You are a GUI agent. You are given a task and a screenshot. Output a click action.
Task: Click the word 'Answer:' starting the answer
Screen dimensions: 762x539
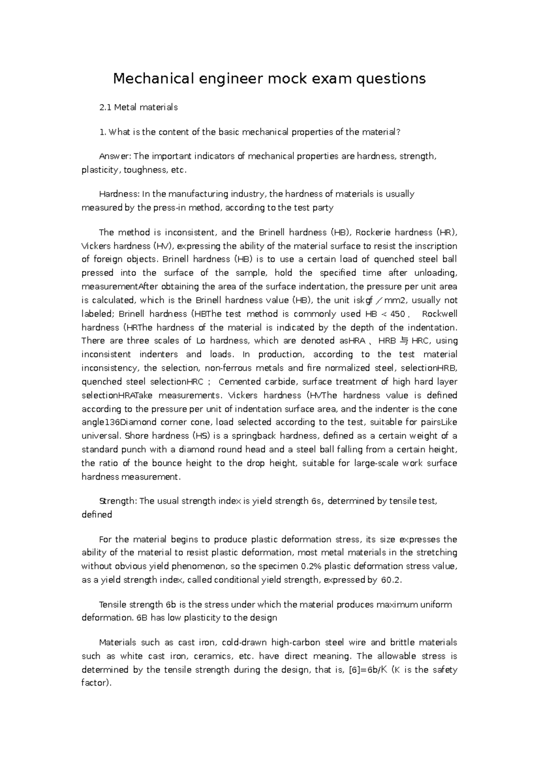(115, 157)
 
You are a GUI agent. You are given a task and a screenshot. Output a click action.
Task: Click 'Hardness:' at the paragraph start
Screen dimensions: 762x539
(119, 194)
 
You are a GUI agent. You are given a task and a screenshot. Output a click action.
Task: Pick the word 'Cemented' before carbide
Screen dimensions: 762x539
(240, 382)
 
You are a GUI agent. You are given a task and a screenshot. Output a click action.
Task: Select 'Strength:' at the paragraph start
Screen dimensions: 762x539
(118, 501)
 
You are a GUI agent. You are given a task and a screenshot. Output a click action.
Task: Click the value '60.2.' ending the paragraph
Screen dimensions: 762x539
(390, 580)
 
